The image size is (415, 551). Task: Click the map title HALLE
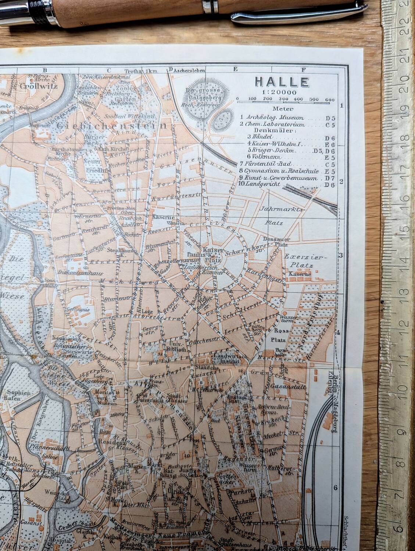click(x=282, y=82)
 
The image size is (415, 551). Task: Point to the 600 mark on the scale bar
click(x=329, y=99)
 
